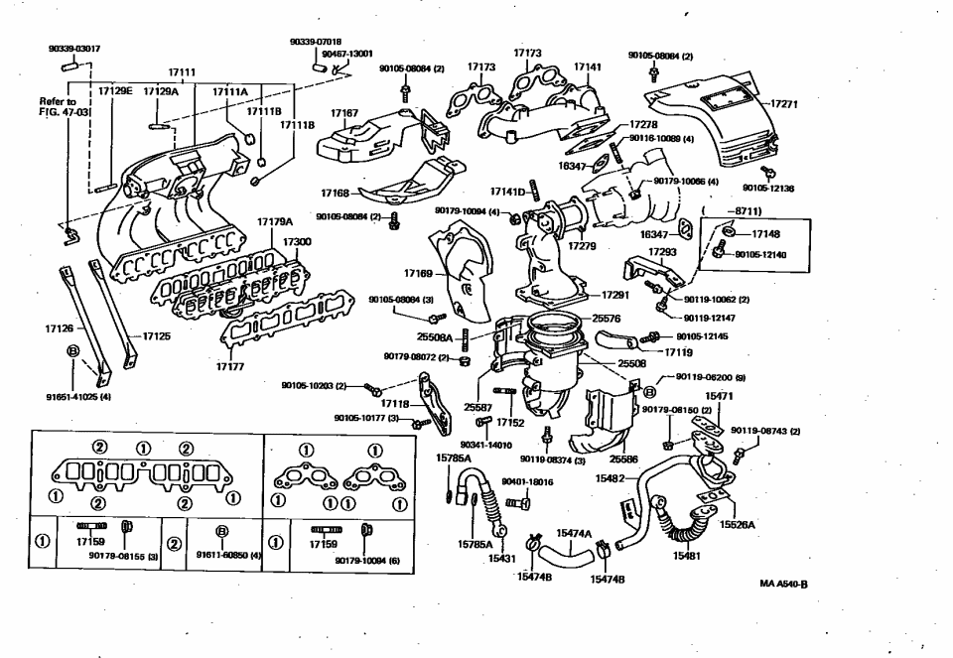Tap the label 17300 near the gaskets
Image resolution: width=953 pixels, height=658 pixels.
pos(297,241)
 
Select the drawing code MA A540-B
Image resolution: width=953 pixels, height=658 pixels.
pos(783,584)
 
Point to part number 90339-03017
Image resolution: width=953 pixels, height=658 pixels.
pos(72,48)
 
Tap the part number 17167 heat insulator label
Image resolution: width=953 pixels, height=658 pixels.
pos(343,114)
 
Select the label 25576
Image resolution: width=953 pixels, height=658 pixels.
pos(606,319)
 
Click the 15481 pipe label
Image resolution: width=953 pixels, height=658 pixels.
pos(687,557)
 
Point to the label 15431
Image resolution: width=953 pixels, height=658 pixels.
pos(502,559)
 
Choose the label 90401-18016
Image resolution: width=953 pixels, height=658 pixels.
pos(527,481)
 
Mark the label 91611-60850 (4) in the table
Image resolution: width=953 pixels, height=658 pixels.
pos(227,556)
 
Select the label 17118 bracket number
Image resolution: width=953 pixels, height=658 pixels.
pos(396,404)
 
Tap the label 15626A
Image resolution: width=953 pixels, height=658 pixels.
pos(738,524)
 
